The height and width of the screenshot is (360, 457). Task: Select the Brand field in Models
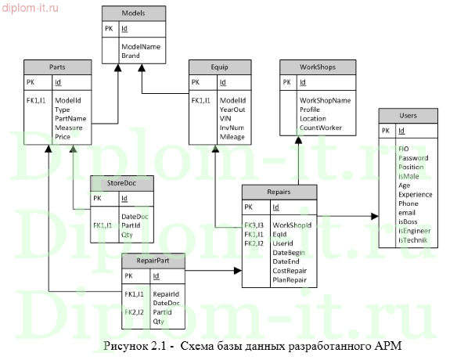point(130,57)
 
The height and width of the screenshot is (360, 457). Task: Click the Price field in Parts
point(63,136)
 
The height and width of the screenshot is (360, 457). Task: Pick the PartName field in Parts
point(70,119)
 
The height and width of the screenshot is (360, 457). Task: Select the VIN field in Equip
point(227,119)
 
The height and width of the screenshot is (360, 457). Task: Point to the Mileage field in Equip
point(233,136)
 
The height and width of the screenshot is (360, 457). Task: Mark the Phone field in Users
point(409,203)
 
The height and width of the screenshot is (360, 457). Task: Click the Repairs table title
point(279,191)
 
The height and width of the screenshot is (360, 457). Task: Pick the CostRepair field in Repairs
point(291,270)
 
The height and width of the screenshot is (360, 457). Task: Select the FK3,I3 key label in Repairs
point(254,225)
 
